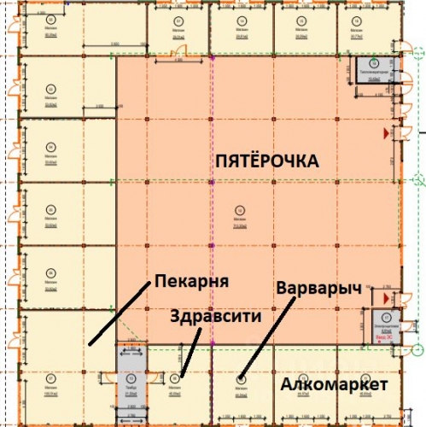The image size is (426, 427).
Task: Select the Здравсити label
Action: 215,315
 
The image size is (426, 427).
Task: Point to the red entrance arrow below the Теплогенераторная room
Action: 386,135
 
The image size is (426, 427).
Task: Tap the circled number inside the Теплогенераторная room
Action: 373,63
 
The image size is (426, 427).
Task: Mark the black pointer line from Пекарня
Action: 115,315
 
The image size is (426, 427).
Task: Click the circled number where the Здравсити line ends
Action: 176,377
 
